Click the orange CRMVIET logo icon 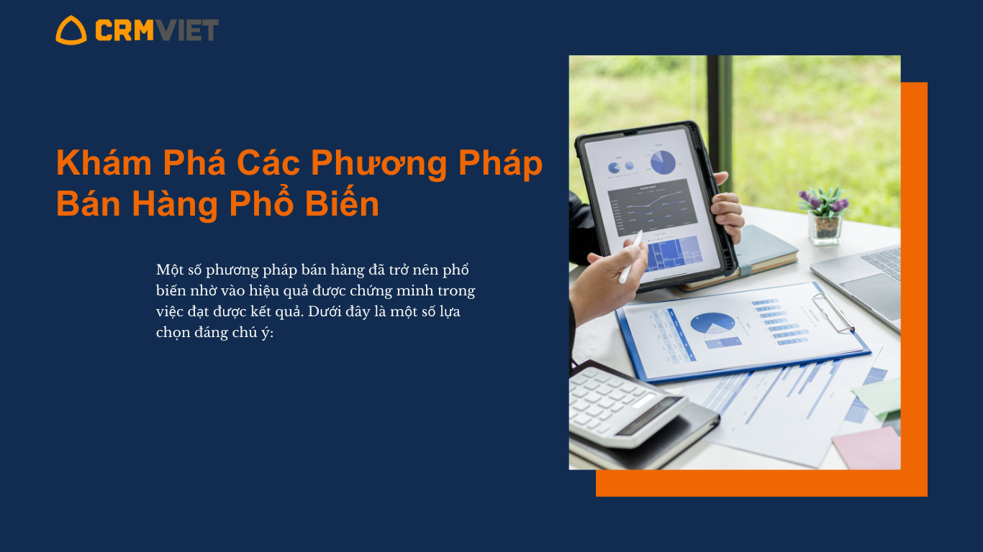pyautogui.click(x=71, y=30)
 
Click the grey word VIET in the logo pyautogui.click(x=186, y=30)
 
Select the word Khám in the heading pyautogui.click(x=104, y=163)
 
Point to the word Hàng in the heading pyautogui.click(x=175, y=204)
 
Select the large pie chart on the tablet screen pyautogui.click(x=663, y=162)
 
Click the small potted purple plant pyautogui.click(x=825, y=215)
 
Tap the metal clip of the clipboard pyautogui.click(x=833, y=312)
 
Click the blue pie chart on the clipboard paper pyautogui.click(x=712, y=323)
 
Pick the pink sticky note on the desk pyautogui.click(x=866, y=448)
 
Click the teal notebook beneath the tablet pyautogui.click(x=766, y=251)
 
